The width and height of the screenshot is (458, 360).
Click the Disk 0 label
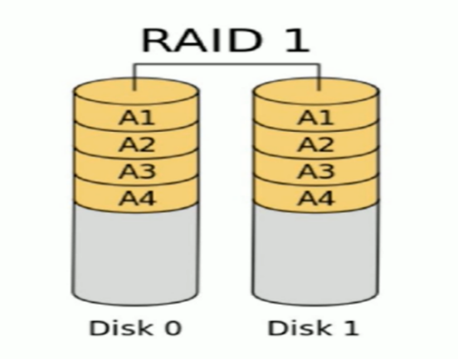pyautogui.click(x=134, y=329)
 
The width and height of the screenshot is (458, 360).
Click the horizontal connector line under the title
pyautogui.click(x=226, y=65)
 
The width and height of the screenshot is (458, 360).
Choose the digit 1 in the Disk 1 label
pyautogui.click(x=350, y=329)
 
